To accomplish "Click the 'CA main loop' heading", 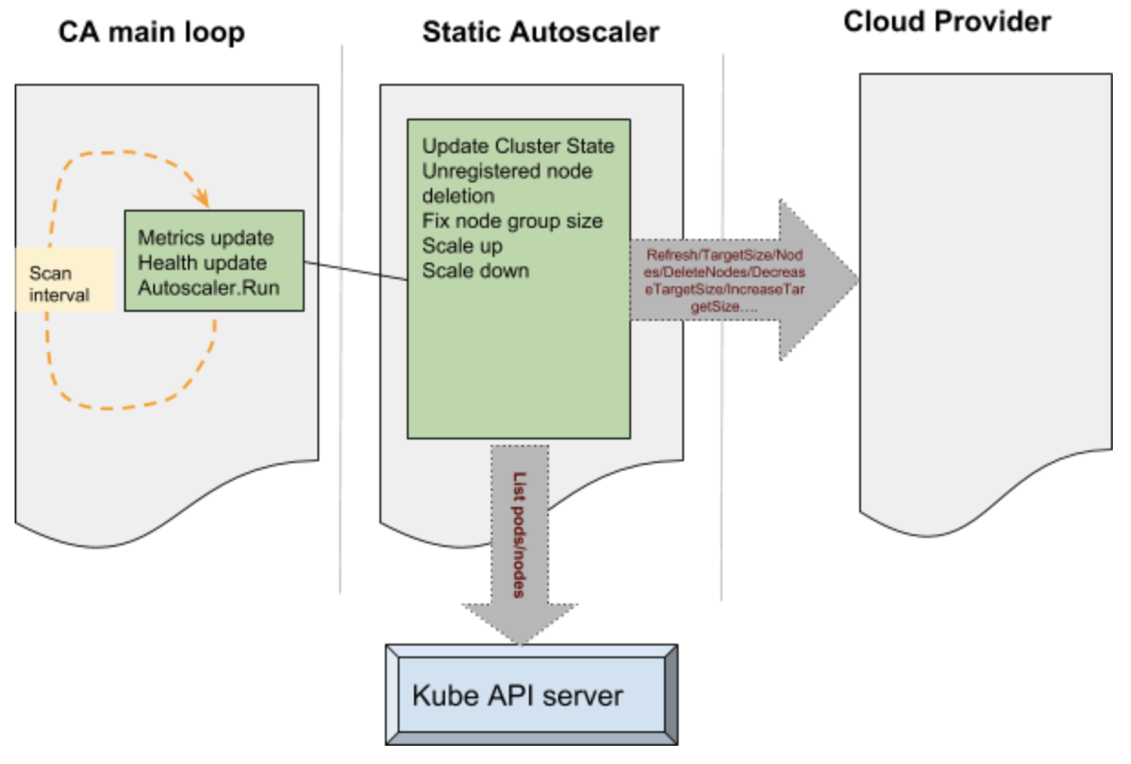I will click(x=151, y=33).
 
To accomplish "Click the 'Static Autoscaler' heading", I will click(x=540, y=33).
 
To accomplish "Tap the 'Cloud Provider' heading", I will click(x=947, y=21).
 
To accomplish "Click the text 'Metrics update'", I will click(x=205, y=238).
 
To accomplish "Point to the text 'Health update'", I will click(x=202, y=263).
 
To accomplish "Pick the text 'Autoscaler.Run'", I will click(x=208, y=286).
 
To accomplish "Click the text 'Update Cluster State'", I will click(x=518, y=147).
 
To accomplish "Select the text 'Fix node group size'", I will click(x=512, y=221).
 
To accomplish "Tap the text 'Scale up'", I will click(x=462, y=246).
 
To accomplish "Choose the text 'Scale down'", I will click(x=475, y=271).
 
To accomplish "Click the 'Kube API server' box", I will click(x=531, y=696).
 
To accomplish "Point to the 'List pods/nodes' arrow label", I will click(x=518, y=535).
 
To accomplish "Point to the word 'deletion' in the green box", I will click(x=458, y=196).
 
